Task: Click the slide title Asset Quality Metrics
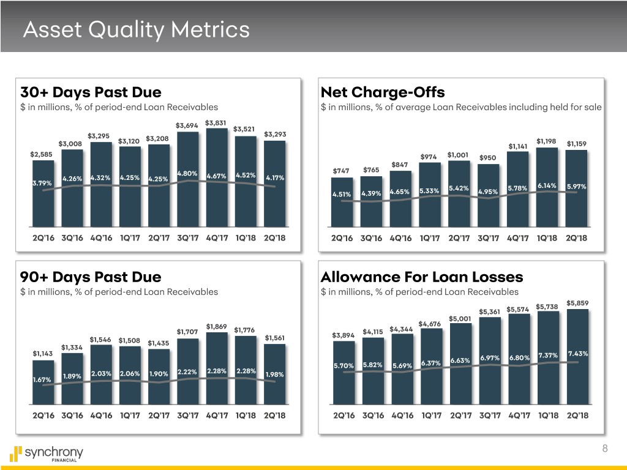click(136, 29)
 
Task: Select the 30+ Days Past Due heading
click(91, 93)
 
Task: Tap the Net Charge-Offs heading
click(382, 93)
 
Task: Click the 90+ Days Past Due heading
click(91, 277)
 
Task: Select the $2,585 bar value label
click(42, 153)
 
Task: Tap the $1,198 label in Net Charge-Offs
click(547, 141)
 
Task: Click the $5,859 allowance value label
click(577, 302)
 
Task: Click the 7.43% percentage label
click(577, 353)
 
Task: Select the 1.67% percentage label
click(42, 380)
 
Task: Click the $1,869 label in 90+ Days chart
click(217, 326)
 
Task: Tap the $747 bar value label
click(341, 170)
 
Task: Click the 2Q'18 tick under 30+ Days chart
click(275, 238)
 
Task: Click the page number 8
click(605, 449)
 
